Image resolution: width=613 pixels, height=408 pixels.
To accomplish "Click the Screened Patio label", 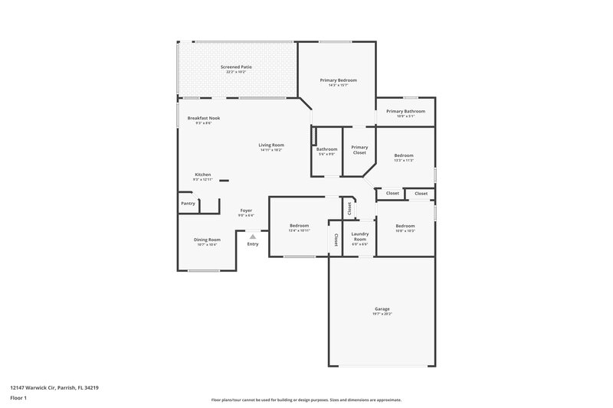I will (236, 67).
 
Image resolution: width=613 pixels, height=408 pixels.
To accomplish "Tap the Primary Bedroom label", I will (338, 80).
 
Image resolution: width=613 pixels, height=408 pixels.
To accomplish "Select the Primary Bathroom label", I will (405, 111).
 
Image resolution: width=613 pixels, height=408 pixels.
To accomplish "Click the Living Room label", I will (270, 145).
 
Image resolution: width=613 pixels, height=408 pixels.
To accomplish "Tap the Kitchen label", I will (202, 174).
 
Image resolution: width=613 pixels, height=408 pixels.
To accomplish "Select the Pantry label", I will (188, 204).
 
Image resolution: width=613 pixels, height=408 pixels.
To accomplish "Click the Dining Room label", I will (207, 240).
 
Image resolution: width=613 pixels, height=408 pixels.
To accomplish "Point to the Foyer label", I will (246, 210).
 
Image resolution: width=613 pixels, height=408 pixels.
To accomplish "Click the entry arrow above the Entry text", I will (252, 237).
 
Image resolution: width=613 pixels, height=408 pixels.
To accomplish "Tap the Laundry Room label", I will (359, 237).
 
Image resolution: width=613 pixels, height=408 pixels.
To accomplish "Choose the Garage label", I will (382, 308).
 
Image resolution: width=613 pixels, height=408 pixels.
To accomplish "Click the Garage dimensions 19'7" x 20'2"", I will (382, 314).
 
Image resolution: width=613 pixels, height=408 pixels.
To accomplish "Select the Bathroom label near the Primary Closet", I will (326, 149).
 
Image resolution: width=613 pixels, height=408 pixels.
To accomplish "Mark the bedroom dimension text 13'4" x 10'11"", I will (299, 230).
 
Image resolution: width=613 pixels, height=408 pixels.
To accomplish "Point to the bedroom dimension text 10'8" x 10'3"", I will (405, 230).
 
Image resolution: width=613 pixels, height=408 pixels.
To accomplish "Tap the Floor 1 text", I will (18, 399).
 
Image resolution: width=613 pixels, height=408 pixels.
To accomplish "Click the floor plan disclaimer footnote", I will (306, 400).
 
